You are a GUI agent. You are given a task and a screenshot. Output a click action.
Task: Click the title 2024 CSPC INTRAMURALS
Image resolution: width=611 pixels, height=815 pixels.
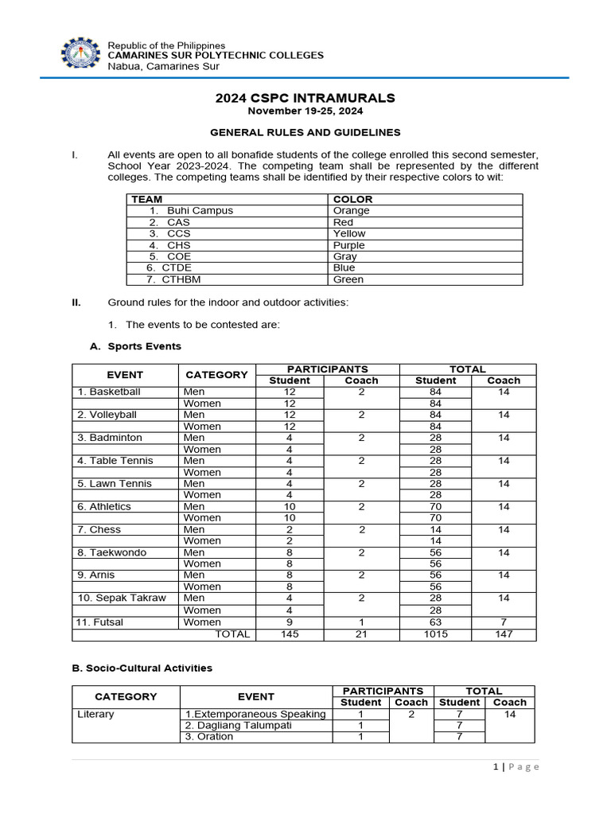[x=305, y=98]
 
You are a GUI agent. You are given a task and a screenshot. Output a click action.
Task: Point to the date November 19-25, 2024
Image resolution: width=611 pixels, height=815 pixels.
[x=305, y=112]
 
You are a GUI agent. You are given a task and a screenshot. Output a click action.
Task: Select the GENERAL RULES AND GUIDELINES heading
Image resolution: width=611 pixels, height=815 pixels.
[x=305, y=132]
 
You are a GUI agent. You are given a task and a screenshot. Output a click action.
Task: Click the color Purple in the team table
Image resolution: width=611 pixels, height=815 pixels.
[x=349, y=245]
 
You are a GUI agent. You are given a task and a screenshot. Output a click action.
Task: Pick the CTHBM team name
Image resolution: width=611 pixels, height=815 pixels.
[x=182, y=279]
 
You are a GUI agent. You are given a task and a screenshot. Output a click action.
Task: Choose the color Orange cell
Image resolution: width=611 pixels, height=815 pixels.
[x=351, y=211]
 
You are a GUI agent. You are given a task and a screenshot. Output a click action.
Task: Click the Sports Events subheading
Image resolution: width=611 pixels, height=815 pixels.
[x=136, y=346]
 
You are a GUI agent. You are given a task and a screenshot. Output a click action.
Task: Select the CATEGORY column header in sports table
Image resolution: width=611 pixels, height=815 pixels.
[x=216, y=375]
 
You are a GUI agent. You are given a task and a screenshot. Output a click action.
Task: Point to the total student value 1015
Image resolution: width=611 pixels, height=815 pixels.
[x=435, y=634]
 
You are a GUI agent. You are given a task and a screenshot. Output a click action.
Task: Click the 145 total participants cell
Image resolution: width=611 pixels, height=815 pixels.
[x=290, y=634]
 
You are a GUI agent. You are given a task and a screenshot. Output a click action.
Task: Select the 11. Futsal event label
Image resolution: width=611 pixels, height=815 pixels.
[x=100, y=622]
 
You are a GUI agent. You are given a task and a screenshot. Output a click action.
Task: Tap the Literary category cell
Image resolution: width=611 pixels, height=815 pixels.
[x=95, y=714]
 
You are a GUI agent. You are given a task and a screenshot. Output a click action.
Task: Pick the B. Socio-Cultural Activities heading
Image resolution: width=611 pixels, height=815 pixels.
[x=142, y=668]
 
